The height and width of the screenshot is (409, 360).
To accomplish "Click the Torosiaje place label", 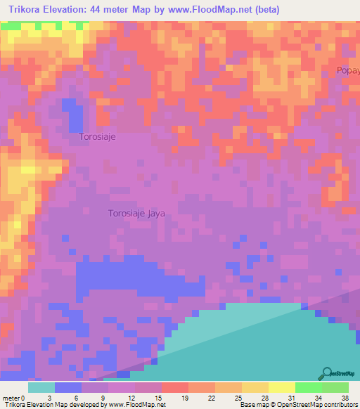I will click(x=97, y=137).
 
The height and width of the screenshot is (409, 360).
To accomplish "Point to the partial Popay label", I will click(x=348, y=70).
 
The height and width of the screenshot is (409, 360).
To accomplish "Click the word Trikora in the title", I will click(x=28, y=10).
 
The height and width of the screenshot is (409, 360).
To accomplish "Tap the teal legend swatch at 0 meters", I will click(x=41, y=387).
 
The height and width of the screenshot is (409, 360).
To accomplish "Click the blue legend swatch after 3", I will click(x=67, y=387).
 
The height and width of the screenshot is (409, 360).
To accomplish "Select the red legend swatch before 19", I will click(x=174, y=387).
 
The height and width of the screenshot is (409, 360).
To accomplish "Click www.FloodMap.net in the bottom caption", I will click(x=137, y=405).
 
